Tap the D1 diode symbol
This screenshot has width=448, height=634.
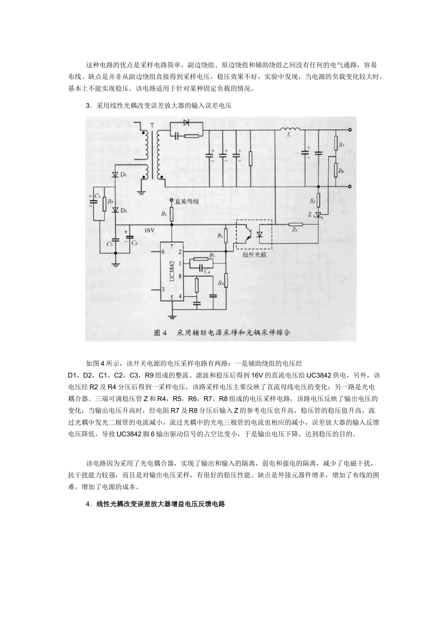115,175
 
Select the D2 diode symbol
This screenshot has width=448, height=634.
115,210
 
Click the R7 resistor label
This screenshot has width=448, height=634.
341,146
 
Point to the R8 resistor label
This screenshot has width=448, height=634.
341,170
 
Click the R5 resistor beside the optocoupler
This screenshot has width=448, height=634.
295,225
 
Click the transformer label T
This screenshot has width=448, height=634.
152,125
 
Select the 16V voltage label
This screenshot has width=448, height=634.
149,231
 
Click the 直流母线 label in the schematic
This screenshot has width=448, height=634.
187,200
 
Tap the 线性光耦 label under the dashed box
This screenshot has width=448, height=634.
254,255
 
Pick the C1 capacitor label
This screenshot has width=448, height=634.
97,195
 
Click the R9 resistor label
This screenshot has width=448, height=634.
110,201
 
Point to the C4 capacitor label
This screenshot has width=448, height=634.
206,271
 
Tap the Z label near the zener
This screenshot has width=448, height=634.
309,214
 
